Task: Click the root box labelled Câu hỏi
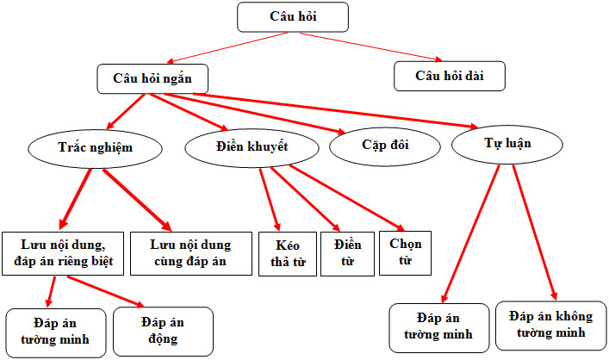(x=293, y=17)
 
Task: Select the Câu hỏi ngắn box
(x=152, y=79)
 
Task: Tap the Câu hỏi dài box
(x=450, y=76)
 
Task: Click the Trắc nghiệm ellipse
(x=95, y=149)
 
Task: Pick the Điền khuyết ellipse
(x=252, y=148)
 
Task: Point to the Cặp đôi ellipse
(x=385, y=146)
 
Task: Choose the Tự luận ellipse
(x=507, y=145)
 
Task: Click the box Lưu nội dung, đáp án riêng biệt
(x=63, y=253)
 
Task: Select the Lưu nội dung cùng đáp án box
(x=191, y=253)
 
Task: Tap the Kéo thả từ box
(x=288, y=253)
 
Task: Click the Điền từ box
(x=348, y=253)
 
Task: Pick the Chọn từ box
(x=405, y=253)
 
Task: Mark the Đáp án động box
(x=163, y=332)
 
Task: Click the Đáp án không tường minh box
(x=551, y=326)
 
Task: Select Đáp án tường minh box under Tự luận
(x=439, y=328)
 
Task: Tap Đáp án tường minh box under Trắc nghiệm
(x=56, y=333)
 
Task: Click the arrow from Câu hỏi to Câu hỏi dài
(x=371, y=47)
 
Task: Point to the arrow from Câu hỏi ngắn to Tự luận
(x=336, y=111)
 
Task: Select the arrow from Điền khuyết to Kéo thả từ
(x=270, y=200)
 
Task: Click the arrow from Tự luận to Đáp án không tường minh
(x=535, y=233)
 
